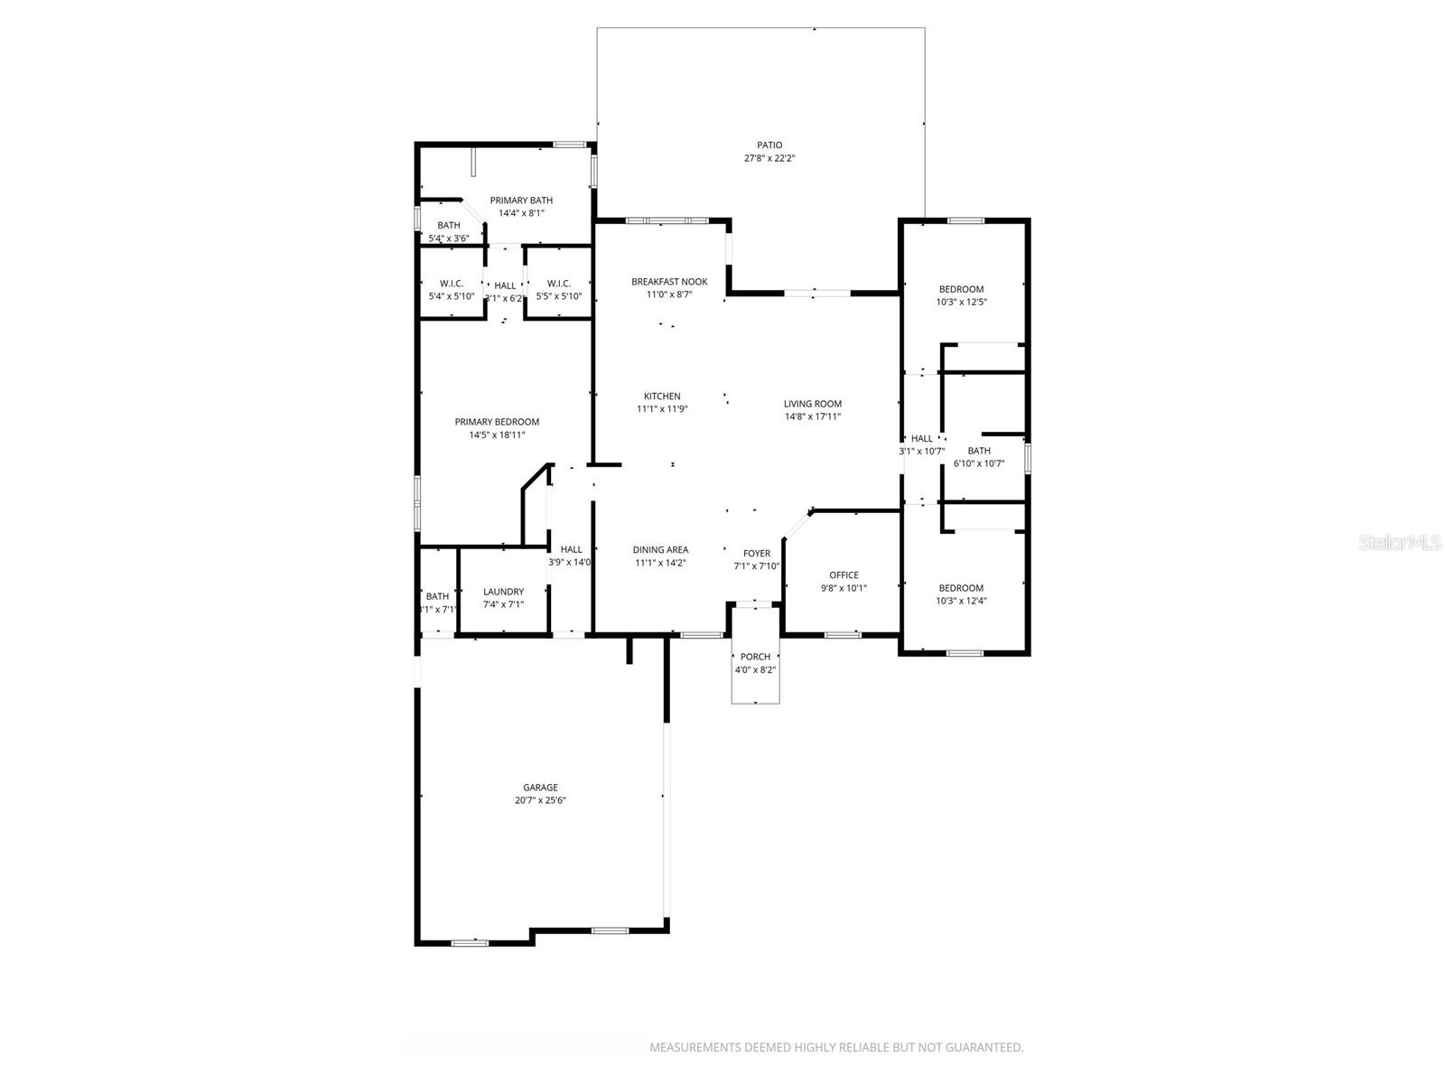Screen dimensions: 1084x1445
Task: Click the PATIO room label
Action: point(769,145)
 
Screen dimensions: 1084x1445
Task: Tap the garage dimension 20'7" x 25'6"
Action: point(540,800)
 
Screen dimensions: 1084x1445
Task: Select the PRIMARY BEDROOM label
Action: point(497,422)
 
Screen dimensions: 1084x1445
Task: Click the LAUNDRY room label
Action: point(503,593)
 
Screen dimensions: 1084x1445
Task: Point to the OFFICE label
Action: point(844,575)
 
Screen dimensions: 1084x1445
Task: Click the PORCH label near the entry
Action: point(755,657)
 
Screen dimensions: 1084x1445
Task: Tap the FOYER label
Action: point(757,554)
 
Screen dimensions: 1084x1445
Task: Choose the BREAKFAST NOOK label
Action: point(669,282)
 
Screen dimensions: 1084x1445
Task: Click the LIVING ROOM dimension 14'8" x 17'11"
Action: point(813,417)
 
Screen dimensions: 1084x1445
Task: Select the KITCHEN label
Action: point(662,397)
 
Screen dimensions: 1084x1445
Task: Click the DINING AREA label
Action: point(660,550)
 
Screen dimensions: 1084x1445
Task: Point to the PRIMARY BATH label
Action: point(521,201)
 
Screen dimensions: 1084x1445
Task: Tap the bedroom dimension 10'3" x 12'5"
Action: point(961,303)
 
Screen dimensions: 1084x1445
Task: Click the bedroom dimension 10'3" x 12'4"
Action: point(961,601)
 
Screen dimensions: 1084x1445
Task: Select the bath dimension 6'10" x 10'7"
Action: point(979,464)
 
